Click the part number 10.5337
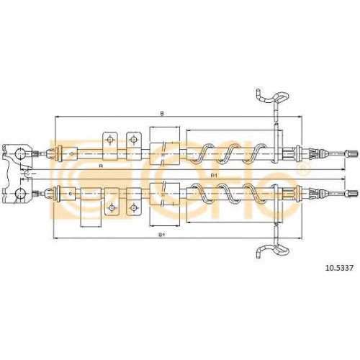338,268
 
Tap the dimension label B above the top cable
162,113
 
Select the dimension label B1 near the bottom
161,235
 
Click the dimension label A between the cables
101,166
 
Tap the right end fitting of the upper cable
352,153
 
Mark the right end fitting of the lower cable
352,193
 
